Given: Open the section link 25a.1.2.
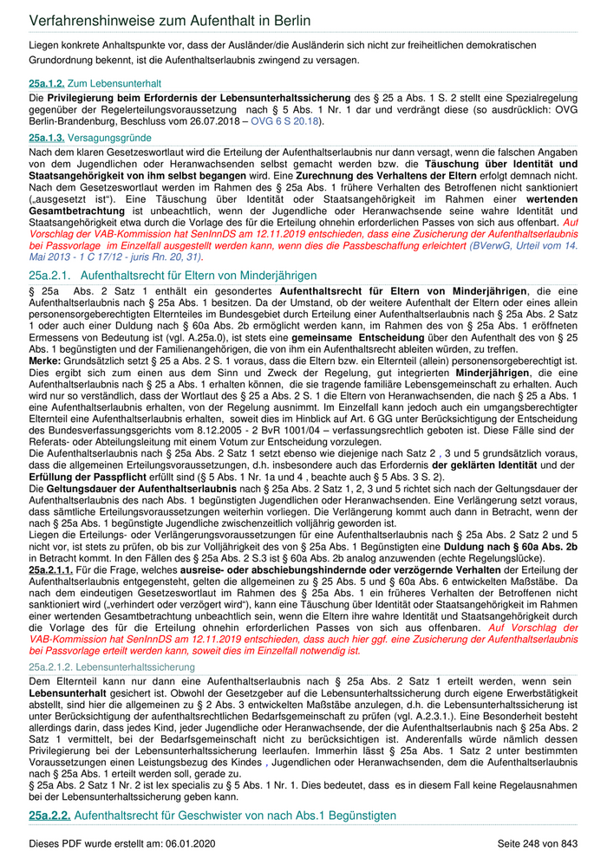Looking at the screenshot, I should (x=47, y=83).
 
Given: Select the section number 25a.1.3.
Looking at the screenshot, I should (x=47, y=138).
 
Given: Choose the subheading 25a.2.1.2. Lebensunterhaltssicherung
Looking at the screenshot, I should (x=112, y=666).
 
